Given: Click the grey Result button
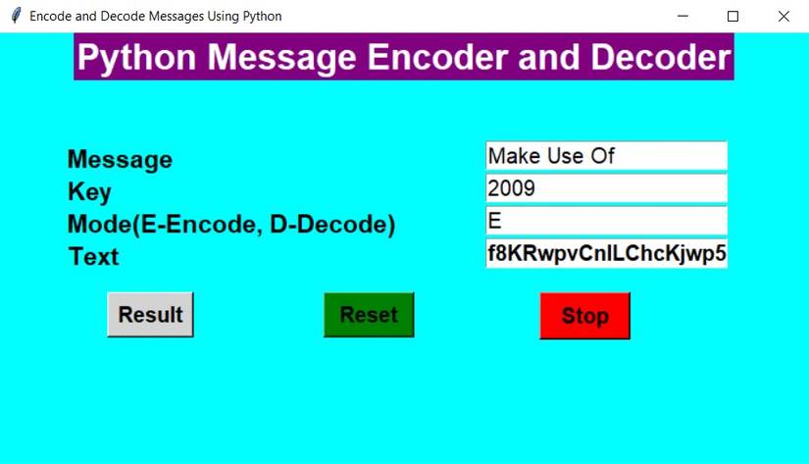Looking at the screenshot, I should tap(150, 315).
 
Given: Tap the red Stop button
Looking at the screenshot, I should tap(584, 316).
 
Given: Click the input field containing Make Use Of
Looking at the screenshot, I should tap(606, 156).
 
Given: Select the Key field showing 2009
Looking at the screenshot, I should tap(606, 188).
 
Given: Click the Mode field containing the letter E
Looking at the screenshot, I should tap(606, 221).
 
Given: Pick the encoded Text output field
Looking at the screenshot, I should tap(606, 253).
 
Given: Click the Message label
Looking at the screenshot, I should tap(120, 160).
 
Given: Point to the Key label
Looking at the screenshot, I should tap(89, 192).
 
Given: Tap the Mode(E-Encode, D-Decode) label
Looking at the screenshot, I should tap(230, 225).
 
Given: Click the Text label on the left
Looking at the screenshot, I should tap(93, 257).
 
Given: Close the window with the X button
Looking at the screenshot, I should tap(783, 17).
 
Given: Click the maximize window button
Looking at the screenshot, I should tap(733, 17).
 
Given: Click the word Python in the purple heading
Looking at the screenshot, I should tap(138, 58).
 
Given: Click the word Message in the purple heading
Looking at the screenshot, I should tap(283, 58).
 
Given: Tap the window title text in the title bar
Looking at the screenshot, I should tap(155, 17).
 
